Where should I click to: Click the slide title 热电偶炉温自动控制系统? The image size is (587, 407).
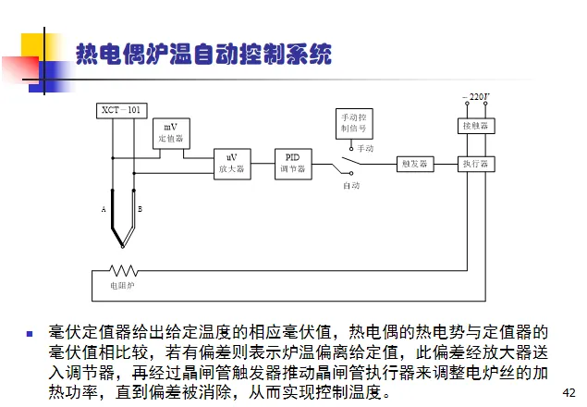click(x=202, y=55)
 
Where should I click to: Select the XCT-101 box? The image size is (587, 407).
click(x=121, y=111)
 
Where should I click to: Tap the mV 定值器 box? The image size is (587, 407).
click(x=170, y=133)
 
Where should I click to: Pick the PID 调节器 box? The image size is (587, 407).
click(x=292, y=163)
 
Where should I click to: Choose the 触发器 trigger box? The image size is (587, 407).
click(x=413, y=164)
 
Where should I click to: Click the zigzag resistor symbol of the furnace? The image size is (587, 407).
click(x=123, y=270)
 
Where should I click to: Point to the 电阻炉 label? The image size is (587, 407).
click(x=122, y=287)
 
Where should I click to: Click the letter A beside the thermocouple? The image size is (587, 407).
click(x=104, y=211)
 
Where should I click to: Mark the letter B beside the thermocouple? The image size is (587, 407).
click(x=140, y=211)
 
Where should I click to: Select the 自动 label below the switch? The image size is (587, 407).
click(x=351, y=185)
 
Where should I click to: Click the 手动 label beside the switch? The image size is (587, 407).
click(x=365, y=148)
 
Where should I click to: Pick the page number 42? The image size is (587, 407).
click(x=569, y=392)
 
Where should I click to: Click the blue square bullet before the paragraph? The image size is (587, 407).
click(x=30, y=332)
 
